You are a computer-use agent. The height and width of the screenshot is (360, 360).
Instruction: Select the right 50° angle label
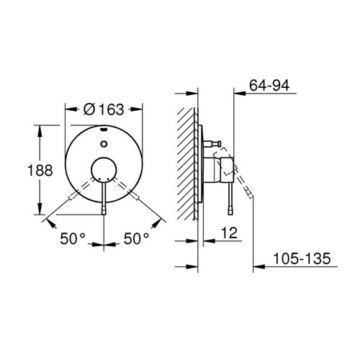coord(137,237)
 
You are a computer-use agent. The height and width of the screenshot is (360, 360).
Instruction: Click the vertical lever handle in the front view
coord(105,198)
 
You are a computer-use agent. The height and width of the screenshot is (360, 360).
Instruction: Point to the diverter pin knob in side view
coord(214,145)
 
